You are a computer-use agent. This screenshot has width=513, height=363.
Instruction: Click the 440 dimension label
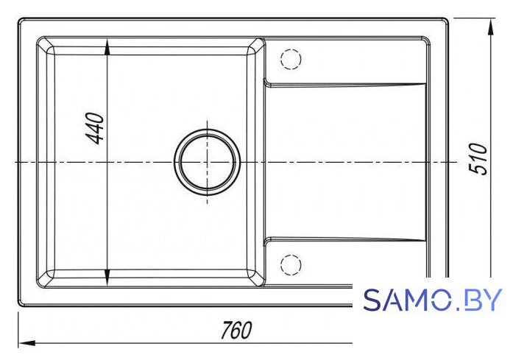pyautogui.click(x=96, y=128)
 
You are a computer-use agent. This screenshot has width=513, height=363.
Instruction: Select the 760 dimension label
pyautogui.click(x=236, y=331)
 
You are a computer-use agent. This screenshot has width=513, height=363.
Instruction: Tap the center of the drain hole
pyautogui.click(x=207, y=162)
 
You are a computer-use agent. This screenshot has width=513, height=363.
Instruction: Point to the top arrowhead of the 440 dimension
pyautogui.click(x=107, y=47)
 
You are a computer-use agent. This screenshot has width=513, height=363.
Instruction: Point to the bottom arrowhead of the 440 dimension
pyautogui.click(x=107, y=278)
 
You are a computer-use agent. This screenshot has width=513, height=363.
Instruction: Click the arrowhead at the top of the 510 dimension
pyautogui.click(x=490, y=27)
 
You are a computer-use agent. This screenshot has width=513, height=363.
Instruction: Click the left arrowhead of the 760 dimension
pyautogui.click(x=26, y=343)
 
